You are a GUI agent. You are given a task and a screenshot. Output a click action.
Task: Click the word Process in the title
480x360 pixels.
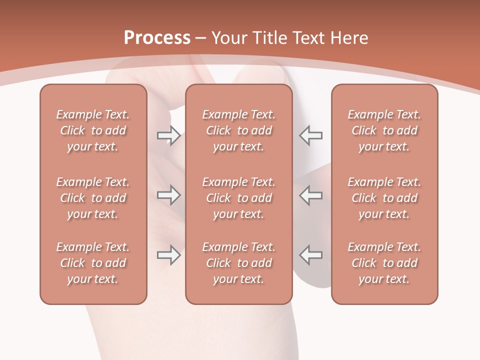(157, 37)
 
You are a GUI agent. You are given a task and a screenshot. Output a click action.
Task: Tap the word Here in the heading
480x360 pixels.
(348, 38)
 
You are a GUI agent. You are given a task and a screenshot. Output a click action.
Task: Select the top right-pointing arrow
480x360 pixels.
(168, 135)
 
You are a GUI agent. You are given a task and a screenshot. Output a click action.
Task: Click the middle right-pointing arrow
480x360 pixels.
(168, 195)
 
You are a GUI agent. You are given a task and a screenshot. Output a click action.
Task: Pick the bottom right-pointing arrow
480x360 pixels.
(168, 255)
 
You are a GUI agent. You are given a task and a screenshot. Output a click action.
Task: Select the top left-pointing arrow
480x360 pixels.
(310, 135)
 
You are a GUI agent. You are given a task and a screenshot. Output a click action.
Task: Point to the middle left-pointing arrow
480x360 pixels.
(310, 195)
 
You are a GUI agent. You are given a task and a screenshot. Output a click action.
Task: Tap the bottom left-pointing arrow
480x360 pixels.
(310, 255)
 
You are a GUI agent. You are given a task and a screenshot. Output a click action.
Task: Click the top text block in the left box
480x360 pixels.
(93, 130)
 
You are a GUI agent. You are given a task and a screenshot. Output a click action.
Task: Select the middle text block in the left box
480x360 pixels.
(93, 198)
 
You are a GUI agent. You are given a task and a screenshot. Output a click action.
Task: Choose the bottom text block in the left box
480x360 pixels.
(93, 263)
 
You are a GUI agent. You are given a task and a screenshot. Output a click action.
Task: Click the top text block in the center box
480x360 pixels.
(238, 130)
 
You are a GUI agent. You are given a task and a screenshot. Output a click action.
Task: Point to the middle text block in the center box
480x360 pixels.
(238, 198)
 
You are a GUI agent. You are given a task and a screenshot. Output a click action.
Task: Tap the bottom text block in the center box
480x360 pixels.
(238, 263)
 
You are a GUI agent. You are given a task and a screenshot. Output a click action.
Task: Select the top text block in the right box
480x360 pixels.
(384, 130)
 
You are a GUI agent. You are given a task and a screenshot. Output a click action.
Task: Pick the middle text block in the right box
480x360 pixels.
(384, 198)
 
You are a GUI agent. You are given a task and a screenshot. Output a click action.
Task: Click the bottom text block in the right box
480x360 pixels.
(384, 263)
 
